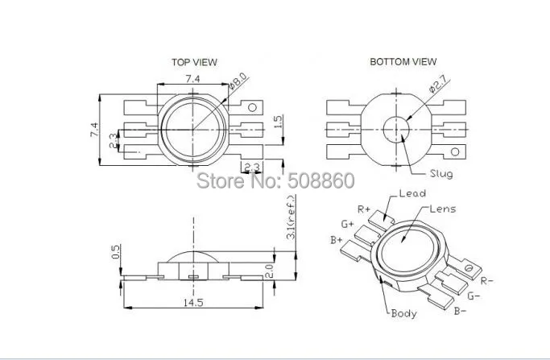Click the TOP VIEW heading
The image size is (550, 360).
coord(194,63)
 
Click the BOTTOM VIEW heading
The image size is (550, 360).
coord(403,62)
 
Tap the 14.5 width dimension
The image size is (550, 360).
coord(193,303)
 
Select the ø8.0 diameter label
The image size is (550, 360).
coord(238,81)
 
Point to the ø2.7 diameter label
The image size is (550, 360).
coord(438,85)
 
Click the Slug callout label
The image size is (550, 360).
coord(441,174)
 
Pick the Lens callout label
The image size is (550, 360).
coord(443,209)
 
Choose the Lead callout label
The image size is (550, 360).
coord(412,193)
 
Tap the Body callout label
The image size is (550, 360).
coord(404,313)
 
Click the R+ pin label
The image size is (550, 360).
coord(364,209)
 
